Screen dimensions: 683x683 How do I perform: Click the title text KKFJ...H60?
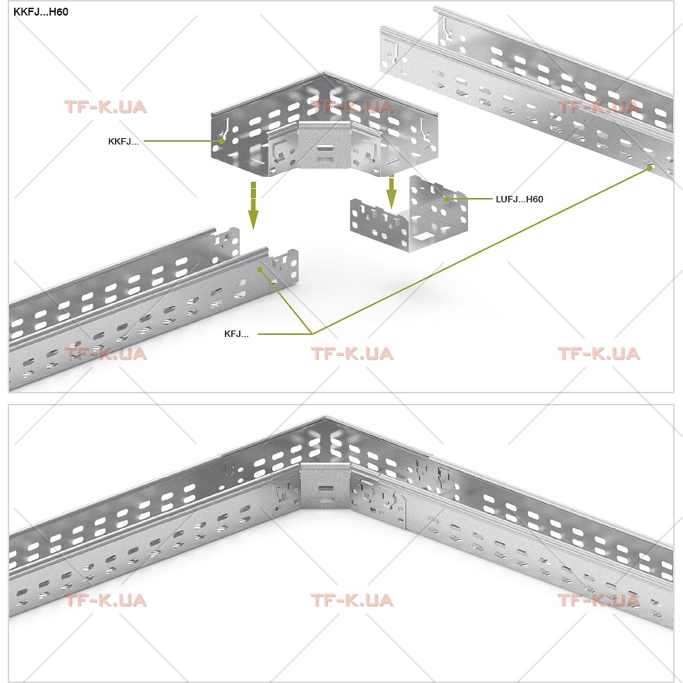pos(40,12)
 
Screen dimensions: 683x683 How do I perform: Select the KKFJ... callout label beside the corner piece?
pos(123,142)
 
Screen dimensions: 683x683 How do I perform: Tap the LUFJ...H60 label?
pos(519,199)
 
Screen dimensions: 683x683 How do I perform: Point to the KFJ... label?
pos(236,334)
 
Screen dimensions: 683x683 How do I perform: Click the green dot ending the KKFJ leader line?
pos(222,141)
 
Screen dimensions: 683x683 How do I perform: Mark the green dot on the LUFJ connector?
pos(446,199)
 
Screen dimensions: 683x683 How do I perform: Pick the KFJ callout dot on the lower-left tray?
pos(260,270)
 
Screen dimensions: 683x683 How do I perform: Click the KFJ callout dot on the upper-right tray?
pos(649,168)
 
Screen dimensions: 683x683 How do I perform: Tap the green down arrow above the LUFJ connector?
pos(392,192)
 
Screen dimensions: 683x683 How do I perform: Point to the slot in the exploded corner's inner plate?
pos(324,148)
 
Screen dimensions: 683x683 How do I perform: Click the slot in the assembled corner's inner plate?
pos(324,488)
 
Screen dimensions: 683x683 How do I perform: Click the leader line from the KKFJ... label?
pos(183,141)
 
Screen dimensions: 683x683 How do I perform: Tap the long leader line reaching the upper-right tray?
pos(481,251)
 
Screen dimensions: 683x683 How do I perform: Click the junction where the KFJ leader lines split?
pos(312,334)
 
